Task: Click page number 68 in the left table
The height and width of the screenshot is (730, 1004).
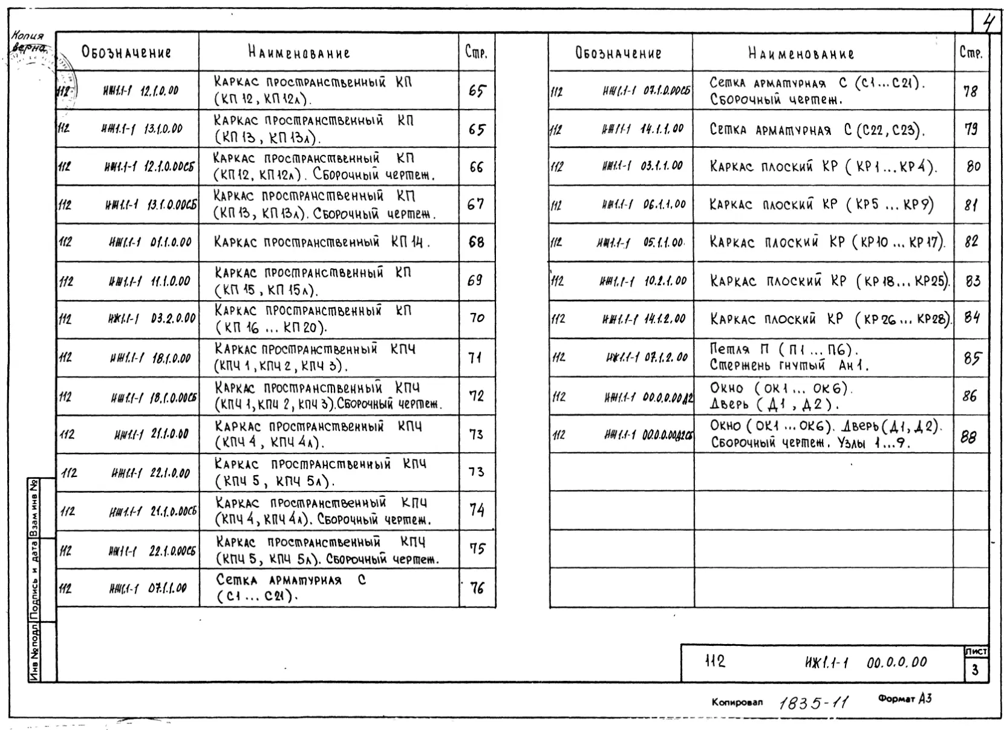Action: [477, 242]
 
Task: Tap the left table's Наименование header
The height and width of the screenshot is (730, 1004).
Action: [299, 53]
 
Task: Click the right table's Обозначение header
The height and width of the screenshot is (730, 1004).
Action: [618, 53]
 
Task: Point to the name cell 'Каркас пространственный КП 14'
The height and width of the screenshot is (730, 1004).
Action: [322, 243]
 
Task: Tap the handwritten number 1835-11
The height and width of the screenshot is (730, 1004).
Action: [813, 703]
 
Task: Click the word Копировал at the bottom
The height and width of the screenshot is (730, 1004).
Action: [737, 702]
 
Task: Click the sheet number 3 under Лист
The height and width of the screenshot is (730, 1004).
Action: [975, 670]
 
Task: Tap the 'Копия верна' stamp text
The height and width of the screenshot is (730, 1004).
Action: [28, 42]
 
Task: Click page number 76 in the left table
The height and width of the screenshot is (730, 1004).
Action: [477, 588]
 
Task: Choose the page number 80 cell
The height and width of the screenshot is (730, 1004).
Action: [973, 166]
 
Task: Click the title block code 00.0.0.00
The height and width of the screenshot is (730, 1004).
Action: [896, 662]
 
